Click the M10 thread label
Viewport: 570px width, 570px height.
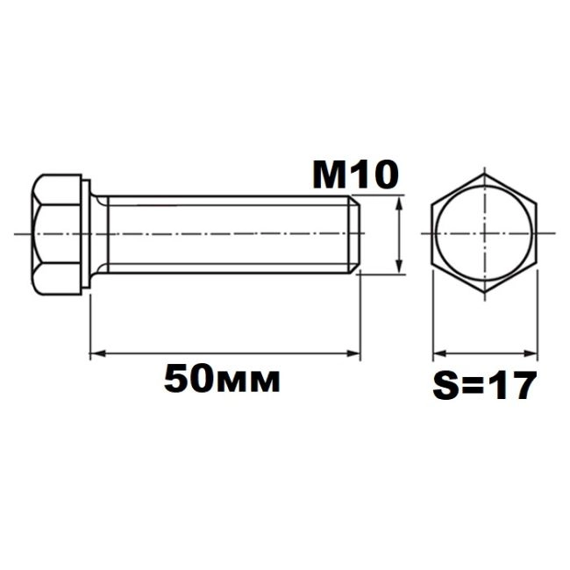[355, 175]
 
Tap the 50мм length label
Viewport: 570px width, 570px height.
[222, 380]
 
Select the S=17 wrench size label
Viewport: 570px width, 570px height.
[485, 385]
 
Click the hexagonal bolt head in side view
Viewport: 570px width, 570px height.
[56, 234]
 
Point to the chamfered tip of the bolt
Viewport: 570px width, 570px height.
[355, 234]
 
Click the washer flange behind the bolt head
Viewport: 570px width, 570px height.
[86, 234]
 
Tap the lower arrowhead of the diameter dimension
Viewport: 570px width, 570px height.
[400, 266]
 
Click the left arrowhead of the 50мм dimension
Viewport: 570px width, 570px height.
[97, 353]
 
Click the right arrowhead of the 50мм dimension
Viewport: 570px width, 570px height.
[353, 353]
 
